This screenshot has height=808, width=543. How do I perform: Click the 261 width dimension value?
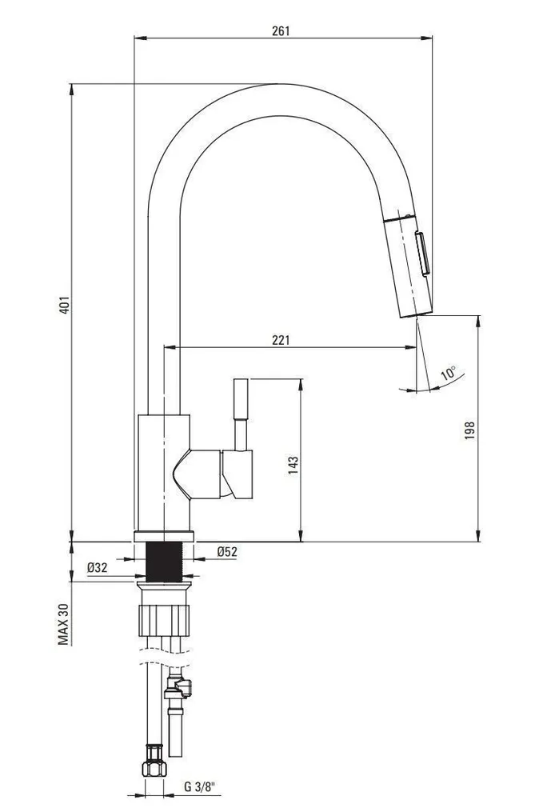point(281,31)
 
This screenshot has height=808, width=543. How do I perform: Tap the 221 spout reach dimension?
point(281,339)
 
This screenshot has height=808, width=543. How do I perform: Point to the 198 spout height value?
point(470,430)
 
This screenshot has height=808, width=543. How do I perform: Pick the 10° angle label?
point(449,372)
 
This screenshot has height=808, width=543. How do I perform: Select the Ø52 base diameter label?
point(228,550)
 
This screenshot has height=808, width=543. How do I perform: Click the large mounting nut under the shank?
point(166,619)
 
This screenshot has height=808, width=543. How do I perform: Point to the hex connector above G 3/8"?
point(154,767)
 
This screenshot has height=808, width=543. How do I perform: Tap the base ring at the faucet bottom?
point(164,534)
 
